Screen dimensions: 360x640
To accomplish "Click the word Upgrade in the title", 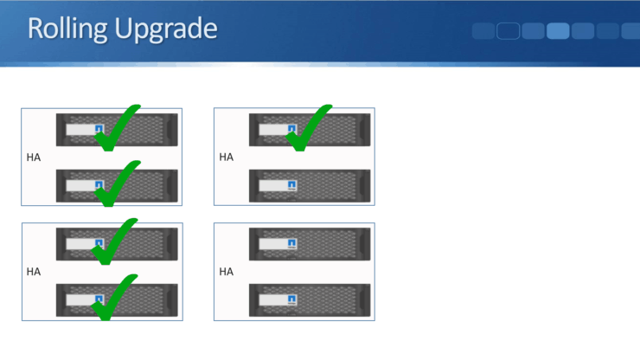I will click(167, 29).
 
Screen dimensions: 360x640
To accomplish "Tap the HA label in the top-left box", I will click(34, 157).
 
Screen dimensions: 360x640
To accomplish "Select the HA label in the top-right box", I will click(227, 157).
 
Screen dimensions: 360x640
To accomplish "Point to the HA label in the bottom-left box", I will click(34, 272).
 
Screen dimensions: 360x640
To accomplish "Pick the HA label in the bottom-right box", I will click(227, 272).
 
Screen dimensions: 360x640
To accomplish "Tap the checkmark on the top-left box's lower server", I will click(116, 183).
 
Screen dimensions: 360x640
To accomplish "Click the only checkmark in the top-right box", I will click(308, 126).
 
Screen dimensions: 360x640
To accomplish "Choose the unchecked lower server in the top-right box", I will click(310, 185).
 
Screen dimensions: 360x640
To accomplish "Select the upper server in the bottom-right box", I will click(310, 243).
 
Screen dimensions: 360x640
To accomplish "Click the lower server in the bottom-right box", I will click(310, 299).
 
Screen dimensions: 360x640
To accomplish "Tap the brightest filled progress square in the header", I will click(558, 31).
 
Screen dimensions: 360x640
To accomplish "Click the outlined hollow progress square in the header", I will click(508, 31).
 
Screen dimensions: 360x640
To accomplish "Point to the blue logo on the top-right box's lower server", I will click(292, 185).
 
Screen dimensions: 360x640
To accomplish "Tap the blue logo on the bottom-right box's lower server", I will click(292, 299).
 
